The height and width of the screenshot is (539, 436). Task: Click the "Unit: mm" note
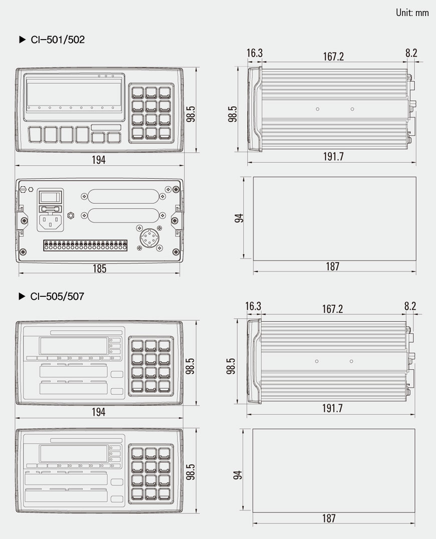412,13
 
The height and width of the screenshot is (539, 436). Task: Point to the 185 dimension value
99,269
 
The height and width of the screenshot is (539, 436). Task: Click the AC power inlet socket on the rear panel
52,221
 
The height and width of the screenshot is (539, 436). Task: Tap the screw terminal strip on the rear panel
85,246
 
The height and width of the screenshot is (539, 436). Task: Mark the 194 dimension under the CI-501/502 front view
99,160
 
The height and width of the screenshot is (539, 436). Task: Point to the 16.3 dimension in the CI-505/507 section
254,306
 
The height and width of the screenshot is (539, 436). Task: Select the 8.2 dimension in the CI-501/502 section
411,54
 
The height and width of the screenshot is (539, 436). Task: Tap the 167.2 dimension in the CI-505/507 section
333,309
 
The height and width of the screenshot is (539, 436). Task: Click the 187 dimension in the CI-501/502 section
332,267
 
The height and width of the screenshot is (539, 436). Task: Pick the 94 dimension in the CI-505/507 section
239,474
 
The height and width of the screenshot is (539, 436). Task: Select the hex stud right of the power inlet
71,216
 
